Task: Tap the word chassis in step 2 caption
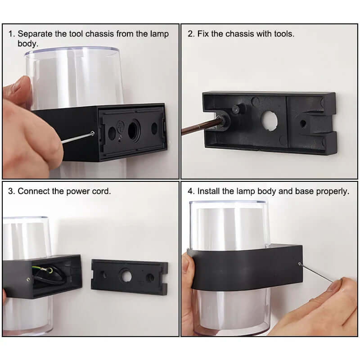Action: pyautogui.click(x=239, y=34)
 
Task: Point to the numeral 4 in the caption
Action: pyautogui.click(x=190, y=191)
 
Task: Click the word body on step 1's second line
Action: pyautogui.click(x=27, y=44)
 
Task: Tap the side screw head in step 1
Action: pyautogui.click(x=93, y=133)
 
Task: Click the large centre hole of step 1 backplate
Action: pyautogui.click(x=133, y=131)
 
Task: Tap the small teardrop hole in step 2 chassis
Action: pyautogui.click(x=303, y=124)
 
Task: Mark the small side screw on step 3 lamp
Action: pyautogui.click(x=28, y=279)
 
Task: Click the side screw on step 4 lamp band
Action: pyautogui.click(x=300, y=264)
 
